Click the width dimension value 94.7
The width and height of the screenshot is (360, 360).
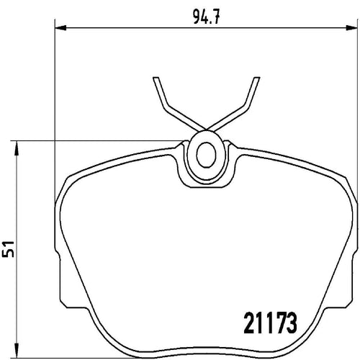(207, 17)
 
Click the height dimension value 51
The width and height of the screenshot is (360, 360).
(9, 248)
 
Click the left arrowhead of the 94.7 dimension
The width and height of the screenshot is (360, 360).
(60, 28)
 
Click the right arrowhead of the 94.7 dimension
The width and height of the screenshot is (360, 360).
(352, 28)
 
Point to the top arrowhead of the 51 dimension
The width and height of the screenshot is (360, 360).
(17, 146)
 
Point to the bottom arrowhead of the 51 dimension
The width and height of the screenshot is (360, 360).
(17, 352)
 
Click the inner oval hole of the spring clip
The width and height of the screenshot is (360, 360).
(206, 155)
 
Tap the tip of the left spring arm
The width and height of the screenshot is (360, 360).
(156, 78)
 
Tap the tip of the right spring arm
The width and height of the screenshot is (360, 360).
(257, 78)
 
